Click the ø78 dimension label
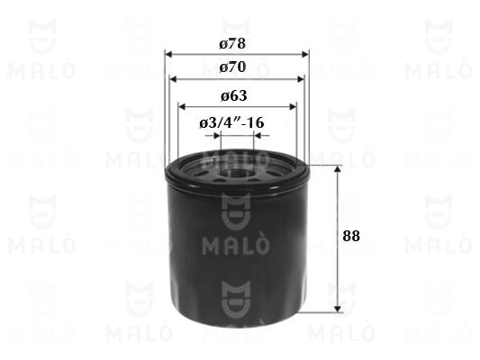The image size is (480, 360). (x=232, y=44)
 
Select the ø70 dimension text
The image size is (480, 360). (x=232, y=67)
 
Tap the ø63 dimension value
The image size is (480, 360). (x=233, y=96)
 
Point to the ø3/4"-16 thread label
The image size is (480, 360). (x=231, y=123)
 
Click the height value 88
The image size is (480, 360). (x=351, y=236)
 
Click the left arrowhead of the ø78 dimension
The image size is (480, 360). (x=168, y=54)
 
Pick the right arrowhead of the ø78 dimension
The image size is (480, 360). (x=305, y=54)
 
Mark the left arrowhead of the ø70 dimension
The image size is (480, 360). (x=174, y=79)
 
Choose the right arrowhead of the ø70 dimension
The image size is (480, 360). (x=301, y=79)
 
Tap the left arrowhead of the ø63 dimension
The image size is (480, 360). (x=182, y=107)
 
